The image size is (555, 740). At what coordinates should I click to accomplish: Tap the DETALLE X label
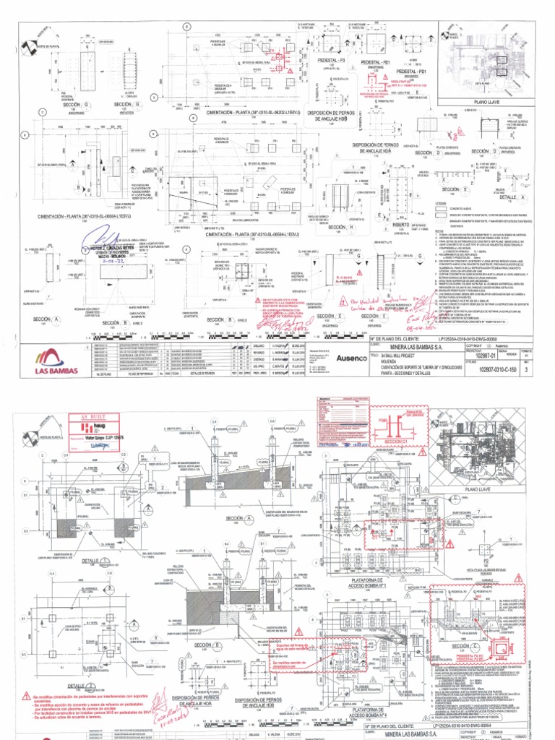point(507,197)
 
